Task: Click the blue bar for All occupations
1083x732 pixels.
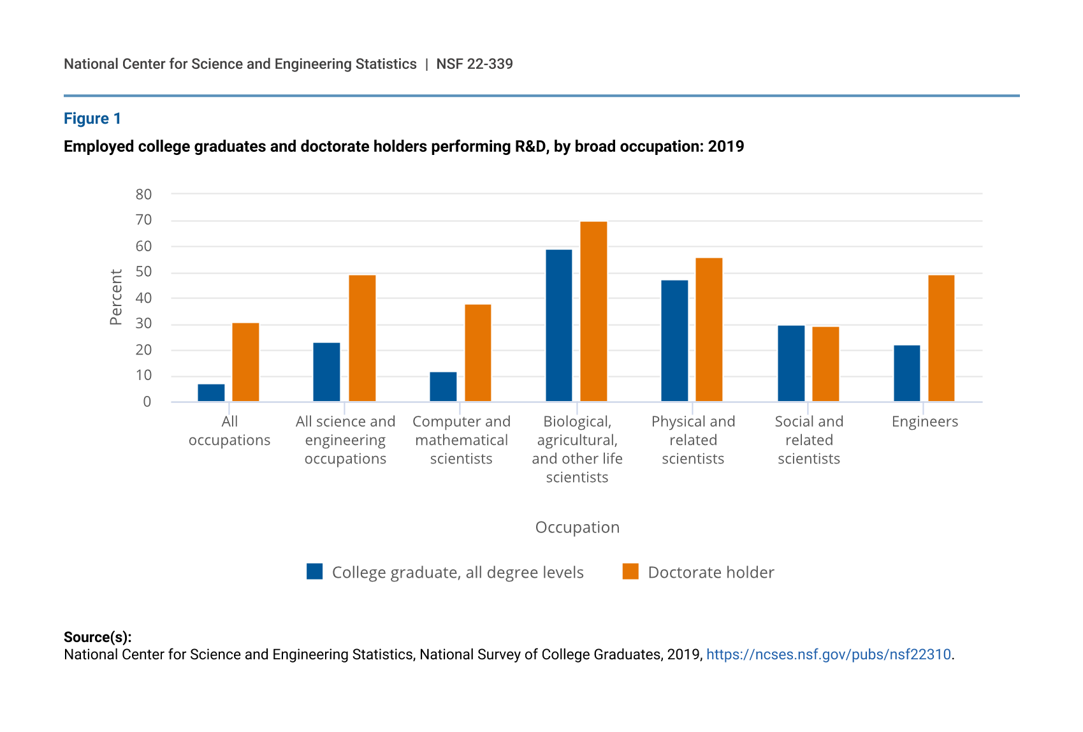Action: [211, 393]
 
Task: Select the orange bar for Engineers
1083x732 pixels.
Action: [941, 338]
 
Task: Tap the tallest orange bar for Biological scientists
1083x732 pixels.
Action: [593, 311]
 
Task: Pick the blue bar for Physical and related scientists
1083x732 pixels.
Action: [674, 340]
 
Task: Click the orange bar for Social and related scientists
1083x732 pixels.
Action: [825, 364]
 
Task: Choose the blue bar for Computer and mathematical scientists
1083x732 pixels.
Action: [443, 386]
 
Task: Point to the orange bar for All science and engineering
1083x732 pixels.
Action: [362, 338]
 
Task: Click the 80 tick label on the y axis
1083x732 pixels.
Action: [143, 194]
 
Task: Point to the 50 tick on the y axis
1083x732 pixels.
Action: [143, 272]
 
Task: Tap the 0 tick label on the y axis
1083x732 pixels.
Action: [147, 402]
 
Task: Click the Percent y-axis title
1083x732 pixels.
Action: [116, 297]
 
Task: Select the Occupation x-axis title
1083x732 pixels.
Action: [577, 527]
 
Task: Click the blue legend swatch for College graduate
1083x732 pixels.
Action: [314, 571]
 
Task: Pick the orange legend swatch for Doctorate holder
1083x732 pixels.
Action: [630, 571]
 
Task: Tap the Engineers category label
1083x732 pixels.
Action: [924, 421]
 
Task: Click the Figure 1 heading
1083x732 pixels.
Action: [92, 119]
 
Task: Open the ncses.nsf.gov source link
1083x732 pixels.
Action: [828, 655]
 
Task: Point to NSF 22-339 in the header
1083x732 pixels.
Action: [474, 64]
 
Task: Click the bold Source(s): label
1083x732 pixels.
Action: [98, 637]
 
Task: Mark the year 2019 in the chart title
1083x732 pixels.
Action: [726, 147]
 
